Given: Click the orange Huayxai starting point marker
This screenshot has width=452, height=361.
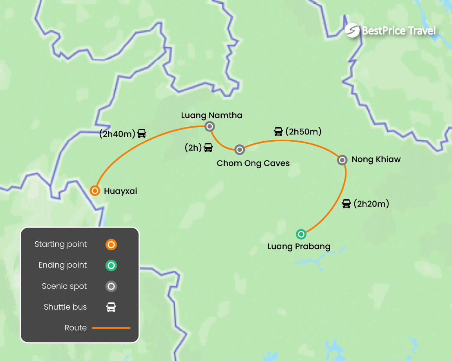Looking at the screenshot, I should (x=95, y=191).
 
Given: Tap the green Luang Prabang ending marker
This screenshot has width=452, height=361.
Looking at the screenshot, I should (x=301, y=234).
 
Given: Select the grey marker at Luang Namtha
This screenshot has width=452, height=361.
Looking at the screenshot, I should (x=210, y=126).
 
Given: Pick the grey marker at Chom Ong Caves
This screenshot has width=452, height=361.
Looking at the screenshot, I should (x=240, y=150).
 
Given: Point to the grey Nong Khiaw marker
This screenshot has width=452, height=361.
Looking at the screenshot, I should (x=343, y=160).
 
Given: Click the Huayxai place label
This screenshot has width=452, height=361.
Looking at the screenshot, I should (x=120, y=191).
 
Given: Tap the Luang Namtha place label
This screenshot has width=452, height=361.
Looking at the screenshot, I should (x=211, y=115).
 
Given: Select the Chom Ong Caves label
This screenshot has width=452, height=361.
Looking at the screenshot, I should (x=253, y=163).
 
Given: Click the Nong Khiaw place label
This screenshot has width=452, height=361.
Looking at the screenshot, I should (x=376, y=159).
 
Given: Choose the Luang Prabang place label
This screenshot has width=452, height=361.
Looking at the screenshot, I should (x=299, y=247).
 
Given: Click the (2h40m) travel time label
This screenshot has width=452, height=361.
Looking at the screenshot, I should (x=117, y=134).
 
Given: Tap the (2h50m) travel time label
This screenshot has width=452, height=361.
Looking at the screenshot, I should (x=303, y=132).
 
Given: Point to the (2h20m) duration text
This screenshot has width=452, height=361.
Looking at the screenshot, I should (x=371, y=204).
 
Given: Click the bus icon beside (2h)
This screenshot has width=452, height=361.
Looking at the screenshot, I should (x=208, y=148).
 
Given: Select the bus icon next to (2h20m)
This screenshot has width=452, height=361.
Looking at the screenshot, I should (x=346, y=204).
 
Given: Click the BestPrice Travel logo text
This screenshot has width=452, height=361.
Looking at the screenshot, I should (x=399, y=31).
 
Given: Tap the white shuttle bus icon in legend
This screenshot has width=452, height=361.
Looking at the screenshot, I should (x=111, y=307).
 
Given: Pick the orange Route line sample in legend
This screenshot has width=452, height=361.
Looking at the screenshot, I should (x=111, y=328).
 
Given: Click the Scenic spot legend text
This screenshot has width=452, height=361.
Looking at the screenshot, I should (x=64, y=286).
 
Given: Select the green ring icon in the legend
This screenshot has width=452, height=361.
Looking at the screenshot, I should (x=111, y=265).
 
